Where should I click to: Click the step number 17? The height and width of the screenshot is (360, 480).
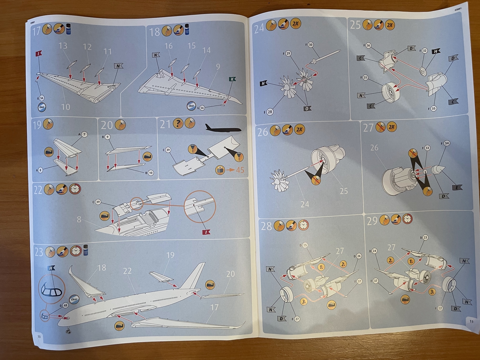click(x=36, y=31)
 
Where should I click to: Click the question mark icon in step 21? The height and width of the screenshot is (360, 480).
click(x=178, y=123)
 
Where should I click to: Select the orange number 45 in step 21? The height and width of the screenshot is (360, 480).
click(x=240, y=170)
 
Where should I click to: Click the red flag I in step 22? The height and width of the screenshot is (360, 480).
click(x=206, y=232)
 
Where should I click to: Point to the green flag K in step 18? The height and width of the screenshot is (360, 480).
click(x=232, y=79)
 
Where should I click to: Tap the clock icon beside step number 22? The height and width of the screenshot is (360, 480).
click(x=75, y=189)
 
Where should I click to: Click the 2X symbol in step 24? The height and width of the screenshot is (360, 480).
click(x=295, y=24)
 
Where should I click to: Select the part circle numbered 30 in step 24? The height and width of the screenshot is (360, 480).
click(x=310, y=45)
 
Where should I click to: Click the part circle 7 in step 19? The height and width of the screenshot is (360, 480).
click(x=85, y=134)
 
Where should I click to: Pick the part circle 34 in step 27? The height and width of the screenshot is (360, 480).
click(x=446, y=143)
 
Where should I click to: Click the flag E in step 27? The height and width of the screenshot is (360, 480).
click(x=457, y=187)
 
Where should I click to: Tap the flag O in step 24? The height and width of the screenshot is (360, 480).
click(x=307, y=109)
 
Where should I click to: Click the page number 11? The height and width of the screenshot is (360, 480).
click(x=471, y=321)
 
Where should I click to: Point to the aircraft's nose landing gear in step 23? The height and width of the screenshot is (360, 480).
click(x=69, y=331)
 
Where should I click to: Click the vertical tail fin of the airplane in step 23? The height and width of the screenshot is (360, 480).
click(x=197, y=275)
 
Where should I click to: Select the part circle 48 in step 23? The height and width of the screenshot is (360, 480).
click(x=65, y=305)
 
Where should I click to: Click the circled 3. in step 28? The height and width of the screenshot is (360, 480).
click(x=303, y=301)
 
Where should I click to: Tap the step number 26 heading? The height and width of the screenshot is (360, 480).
click(x=262, y=132)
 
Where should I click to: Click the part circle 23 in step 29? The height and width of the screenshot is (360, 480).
click(x=425, y=237)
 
